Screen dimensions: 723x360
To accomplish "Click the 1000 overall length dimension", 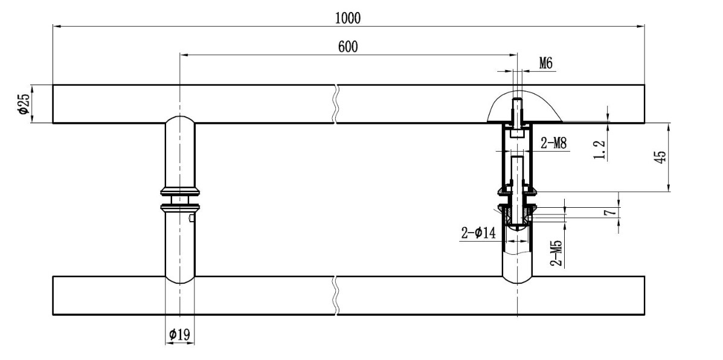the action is click(348, 18).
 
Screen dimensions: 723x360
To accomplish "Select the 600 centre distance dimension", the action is click(348, 47).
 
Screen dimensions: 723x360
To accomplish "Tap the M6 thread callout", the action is click(545, 63).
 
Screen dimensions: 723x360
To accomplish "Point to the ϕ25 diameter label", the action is click(24, 104).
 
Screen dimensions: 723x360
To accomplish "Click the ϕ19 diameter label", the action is click(179, 334).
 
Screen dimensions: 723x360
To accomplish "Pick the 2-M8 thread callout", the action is click(553, 143).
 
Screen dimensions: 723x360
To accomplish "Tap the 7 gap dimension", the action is click(609, 213).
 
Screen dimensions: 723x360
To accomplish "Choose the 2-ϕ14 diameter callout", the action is click(478, 233).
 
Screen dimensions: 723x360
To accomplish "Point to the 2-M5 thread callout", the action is click(556, 252).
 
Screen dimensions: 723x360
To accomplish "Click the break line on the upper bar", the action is click(336, 104).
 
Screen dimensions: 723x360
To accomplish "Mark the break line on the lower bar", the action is click(336, 295).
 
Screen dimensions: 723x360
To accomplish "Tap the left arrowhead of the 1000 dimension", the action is click(57, 26).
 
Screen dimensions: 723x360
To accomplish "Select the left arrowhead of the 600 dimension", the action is click(184, 54).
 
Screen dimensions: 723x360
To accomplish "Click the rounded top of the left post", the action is click(180, 118).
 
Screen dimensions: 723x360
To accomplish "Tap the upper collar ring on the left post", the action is click(180, 191).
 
